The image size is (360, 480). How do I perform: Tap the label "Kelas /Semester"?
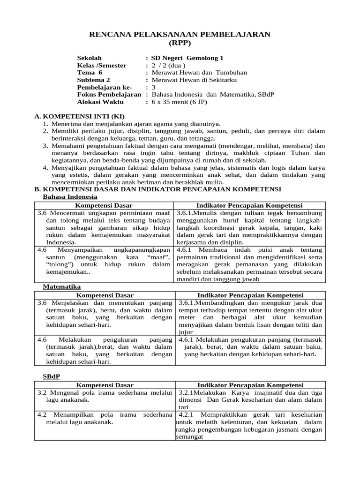[102, 65]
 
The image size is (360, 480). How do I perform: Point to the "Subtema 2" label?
[93, 80]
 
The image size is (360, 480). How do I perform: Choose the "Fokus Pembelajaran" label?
[109, 95]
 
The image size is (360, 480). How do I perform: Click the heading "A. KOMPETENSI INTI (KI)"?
[80, 116]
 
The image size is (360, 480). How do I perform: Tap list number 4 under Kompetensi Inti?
[45, 167]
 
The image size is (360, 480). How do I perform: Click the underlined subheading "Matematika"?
[62, 286]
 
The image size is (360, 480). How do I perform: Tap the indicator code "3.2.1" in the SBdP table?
[186, 392]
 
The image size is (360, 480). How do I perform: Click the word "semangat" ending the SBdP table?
[189, 437]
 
